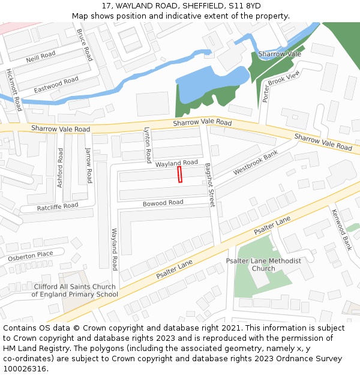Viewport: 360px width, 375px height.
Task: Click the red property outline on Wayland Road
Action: [179, 175]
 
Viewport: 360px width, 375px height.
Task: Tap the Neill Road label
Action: [41, 57]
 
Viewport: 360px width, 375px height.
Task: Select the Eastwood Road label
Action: [56, 84]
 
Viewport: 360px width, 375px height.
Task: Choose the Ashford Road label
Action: [60, 167]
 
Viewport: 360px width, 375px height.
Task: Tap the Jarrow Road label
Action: [88, 165]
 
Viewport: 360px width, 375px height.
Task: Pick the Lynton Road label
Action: [147, 145]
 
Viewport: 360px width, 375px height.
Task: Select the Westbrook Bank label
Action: [256, 163]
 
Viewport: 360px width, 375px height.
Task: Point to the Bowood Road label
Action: [163, 203]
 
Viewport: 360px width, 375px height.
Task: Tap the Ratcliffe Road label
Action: [58, 206]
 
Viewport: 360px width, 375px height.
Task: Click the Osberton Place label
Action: [31, 256]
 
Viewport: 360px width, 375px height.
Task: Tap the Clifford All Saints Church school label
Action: [75, 290]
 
